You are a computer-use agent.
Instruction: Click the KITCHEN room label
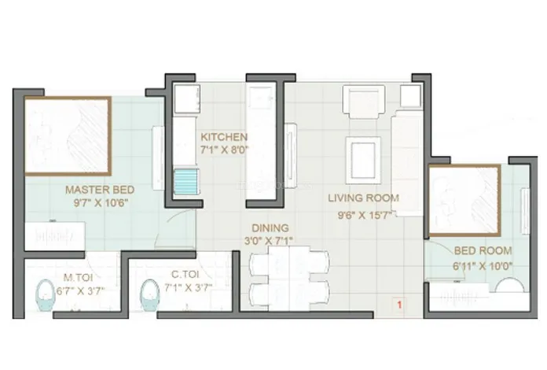(224, 137)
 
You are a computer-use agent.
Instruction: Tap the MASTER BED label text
(100, 190)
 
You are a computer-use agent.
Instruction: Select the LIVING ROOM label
(363, 198)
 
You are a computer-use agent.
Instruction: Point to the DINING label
(270, 228)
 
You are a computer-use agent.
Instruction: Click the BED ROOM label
(483, 250)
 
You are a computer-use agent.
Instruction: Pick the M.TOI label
(78, 277)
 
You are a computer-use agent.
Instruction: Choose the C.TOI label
(185, 275)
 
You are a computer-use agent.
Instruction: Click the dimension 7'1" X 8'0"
(224, 150)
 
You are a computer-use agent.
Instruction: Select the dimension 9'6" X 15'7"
(363, 215)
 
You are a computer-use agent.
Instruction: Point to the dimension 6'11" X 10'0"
(483, 266)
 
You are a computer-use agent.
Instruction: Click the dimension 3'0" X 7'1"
(268, 241)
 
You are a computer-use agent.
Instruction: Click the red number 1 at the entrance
(400, 305)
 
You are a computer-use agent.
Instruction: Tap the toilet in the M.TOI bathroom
(46, 295)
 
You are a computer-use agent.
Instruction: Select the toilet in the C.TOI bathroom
(149, 295)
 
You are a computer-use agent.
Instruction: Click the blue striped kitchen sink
(186, 181)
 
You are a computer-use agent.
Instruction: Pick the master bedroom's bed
(68, 135)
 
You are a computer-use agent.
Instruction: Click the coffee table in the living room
(363, 161)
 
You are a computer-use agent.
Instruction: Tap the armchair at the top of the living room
(364, 102)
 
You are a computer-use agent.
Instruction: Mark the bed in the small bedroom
(464, 200)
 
